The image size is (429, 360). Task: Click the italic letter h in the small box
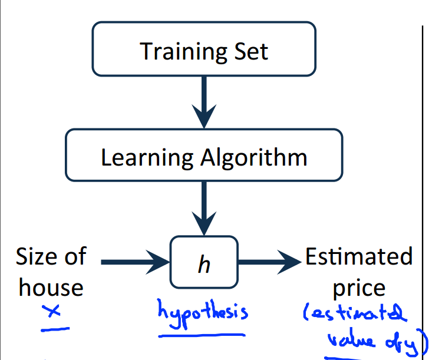[204, 265]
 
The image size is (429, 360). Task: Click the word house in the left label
[51, 288]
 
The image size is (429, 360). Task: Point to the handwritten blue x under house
[54, 312]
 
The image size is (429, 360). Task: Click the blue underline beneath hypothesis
[202, 335]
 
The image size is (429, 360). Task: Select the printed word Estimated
[359, 257]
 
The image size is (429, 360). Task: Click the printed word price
[359, 289]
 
